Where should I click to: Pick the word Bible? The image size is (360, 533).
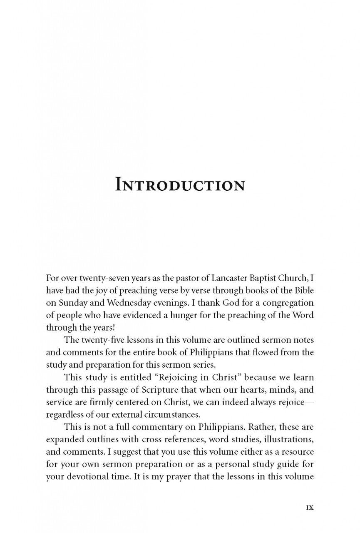301,290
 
